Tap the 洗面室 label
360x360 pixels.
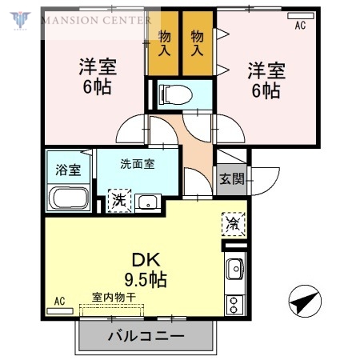[137, 164]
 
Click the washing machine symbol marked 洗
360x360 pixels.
[118, 199]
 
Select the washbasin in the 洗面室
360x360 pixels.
[148, 202]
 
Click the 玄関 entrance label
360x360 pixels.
[232, 179]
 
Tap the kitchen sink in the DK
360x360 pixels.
[234, 270]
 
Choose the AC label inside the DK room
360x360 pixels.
[58, 301]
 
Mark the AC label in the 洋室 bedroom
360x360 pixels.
[300, 26]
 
